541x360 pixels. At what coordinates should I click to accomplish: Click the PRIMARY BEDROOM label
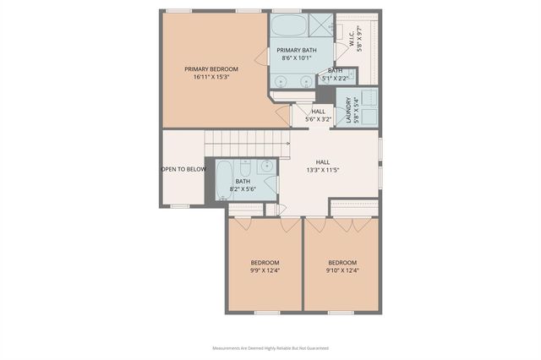pyautogui.click(x=211, y=68)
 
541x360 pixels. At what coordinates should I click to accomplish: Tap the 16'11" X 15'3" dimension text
pyautogui.click(x=211, y=76)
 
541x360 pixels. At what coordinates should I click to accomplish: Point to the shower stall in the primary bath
pyautogui.click(x=320, y=24)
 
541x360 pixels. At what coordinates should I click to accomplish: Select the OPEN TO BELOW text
pyautogui.click(x=183, y=169)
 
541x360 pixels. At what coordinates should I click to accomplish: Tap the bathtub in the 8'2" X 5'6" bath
pyautogui.click(x=225, y=179)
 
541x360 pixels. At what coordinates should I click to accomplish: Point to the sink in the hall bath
pyautogui.click(x=265, y=166)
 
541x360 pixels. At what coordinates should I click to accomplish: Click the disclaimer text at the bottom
pyautogui.click(x=270, y=348)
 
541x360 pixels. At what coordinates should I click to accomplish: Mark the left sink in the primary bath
pyautogui.click(x=284, y=82)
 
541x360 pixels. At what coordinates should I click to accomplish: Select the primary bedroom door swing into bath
pyautogui.click(x=263, y=57)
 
